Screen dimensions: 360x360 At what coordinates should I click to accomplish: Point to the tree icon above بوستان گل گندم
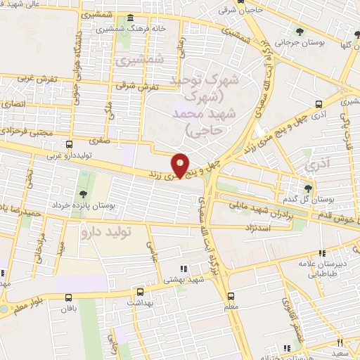tap(307, 187)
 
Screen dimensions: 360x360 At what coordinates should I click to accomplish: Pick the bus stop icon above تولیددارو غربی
tap(68, 144)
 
